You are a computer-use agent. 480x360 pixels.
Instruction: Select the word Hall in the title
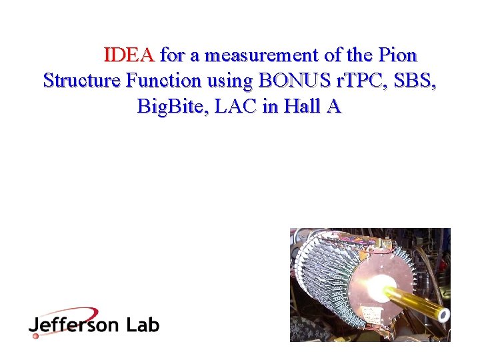299,106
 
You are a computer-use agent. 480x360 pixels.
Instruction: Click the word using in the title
230,81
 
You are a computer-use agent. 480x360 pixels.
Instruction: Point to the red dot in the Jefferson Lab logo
36,335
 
